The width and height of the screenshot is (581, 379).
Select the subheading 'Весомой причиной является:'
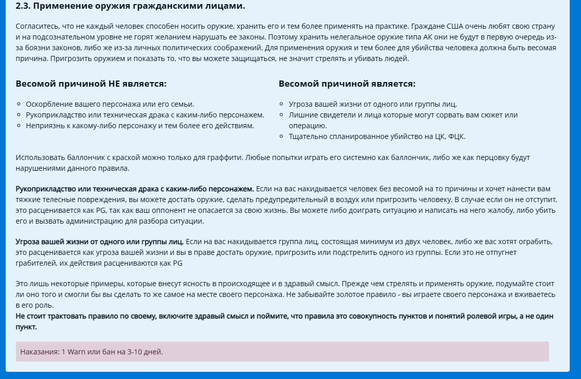pyautogui.click(x=347, y=84)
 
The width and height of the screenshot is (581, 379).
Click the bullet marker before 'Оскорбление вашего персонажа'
pyautogui.click(x=19, y=104)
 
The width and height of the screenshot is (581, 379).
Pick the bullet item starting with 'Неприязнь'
pyautogui.click(x=139, y=125)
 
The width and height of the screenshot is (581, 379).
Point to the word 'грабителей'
pyautogui.click(x=35, y=263)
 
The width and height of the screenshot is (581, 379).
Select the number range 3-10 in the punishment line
pyautogui.click(x=134, y=352)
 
